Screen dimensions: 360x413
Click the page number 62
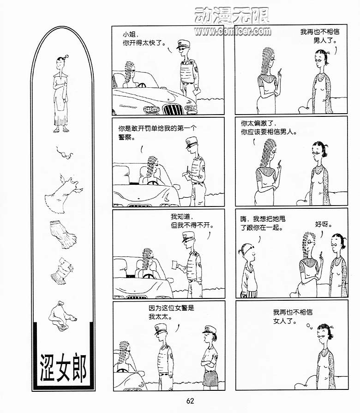click(190, 401)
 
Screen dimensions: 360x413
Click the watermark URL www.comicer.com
click(233, 31)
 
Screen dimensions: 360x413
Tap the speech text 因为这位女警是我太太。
click(171, 312)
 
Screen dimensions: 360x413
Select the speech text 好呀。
click(324, 225)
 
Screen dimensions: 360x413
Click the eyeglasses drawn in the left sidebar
click(64, 153)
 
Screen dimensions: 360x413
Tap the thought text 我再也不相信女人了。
click(293, 316)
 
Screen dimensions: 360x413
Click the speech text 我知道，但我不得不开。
click(192, 221)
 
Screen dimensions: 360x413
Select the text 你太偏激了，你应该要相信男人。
click(269, 127)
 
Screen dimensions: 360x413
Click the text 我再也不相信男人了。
click(320, 36)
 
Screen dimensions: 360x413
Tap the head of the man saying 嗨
click(247, 251)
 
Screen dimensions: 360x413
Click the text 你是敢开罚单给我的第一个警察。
click(157, 133)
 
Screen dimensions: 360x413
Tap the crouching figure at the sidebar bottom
click(62, 315)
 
